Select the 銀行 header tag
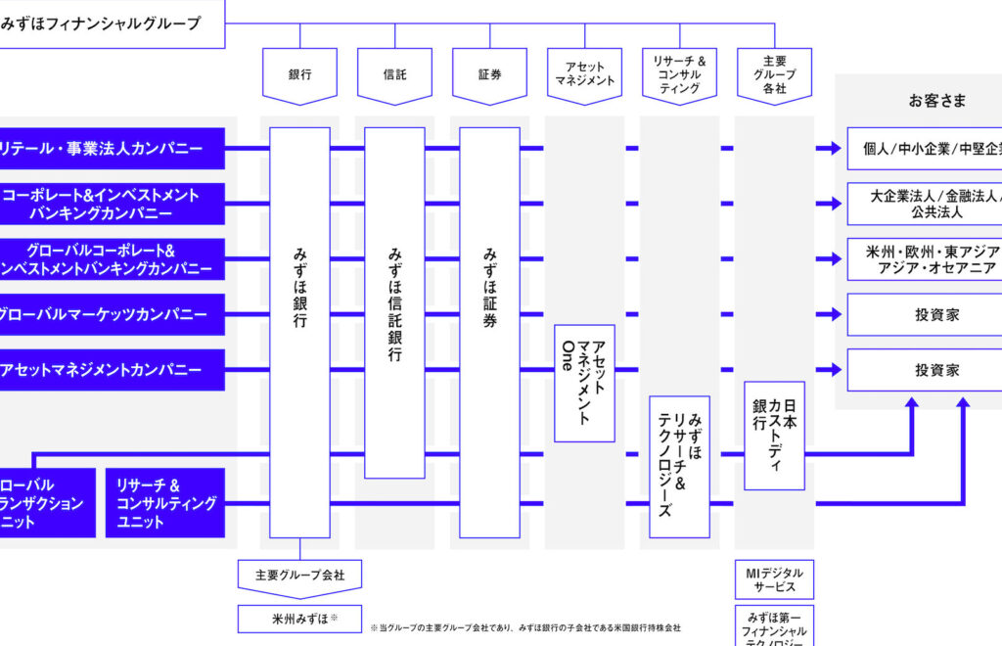coord(299,74)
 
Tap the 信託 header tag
coord(394,74)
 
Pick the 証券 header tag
coord(489,74)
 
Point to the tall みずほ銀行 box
coord(299,333)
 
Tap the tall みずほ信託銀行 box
coord(394,303)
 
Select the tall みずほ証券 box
coord(489,333)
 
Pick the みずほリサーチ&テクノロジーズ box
coord(679,466)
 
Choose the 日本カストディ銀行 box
coord(774,436)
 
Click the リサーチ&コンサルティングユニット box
coord(165,503)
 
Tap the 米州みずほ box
coord(299,619)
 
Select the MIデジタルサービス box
coord(774,578)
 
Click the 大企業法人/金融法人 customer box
coord(923,204)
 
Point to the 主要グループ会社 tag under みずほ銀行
coord(299,576)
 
